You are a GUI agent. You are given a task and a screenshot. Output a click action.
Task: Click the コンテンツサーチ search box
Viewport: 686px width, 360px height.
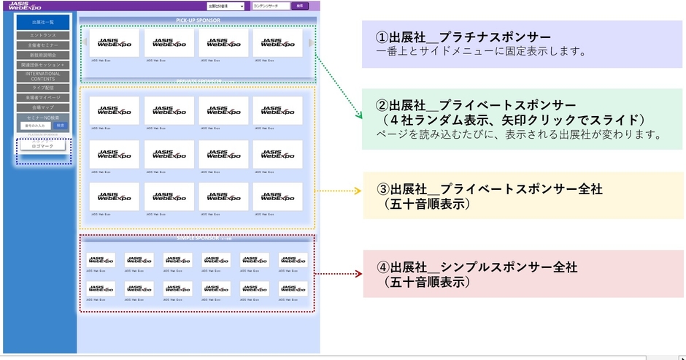[x=270, y=6]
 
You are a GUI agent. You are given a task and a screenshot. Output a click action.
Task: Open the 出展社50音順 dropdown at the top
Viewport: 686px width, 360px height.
[x=225, y=6]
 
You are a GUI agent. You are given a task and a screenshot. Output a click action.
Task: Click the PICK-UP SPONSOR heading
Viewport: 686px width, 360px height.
[x=198, y=20]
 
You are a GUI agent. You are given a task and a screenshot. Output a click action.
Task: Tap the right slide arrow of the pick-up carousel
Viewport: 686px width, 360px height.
[x=312, y=42]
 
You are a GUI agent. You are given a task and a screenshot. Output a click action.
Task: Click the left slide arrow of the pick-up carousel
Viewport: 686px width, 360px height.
[x=85, y=42]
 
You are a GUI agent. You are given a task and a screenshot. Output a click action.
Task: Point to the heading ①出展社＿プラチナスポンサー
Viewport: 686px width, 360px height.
[x=463, y=37]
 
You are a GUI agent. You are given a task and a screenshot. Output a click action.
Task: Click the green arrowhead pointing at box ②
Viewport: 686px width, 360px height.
[x=358, y=115]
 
